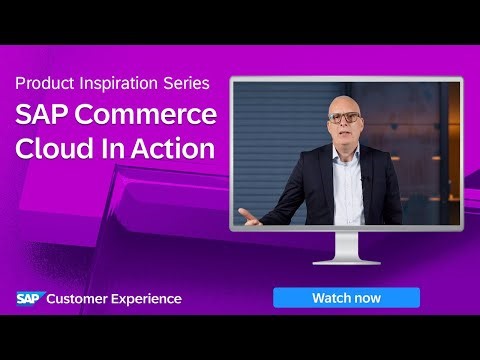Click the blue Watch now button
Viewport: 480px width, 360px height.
pyautogui.click(x=346, y=297)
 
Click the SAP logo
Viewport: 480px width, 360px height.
pyautogui.click(x=28, y=298)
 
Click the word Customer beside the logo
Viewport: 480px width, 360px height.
pyautogui.click(x=82, y=298)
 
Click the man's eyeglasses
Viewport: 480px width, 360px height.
pyautogui.click(x=345, y=117)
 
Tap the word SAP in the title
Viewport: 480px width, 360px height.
pyautogui.click(x=41, y=115)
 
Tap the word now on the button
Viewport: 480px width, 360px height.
pyautogui.click(x=366, y=297)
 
